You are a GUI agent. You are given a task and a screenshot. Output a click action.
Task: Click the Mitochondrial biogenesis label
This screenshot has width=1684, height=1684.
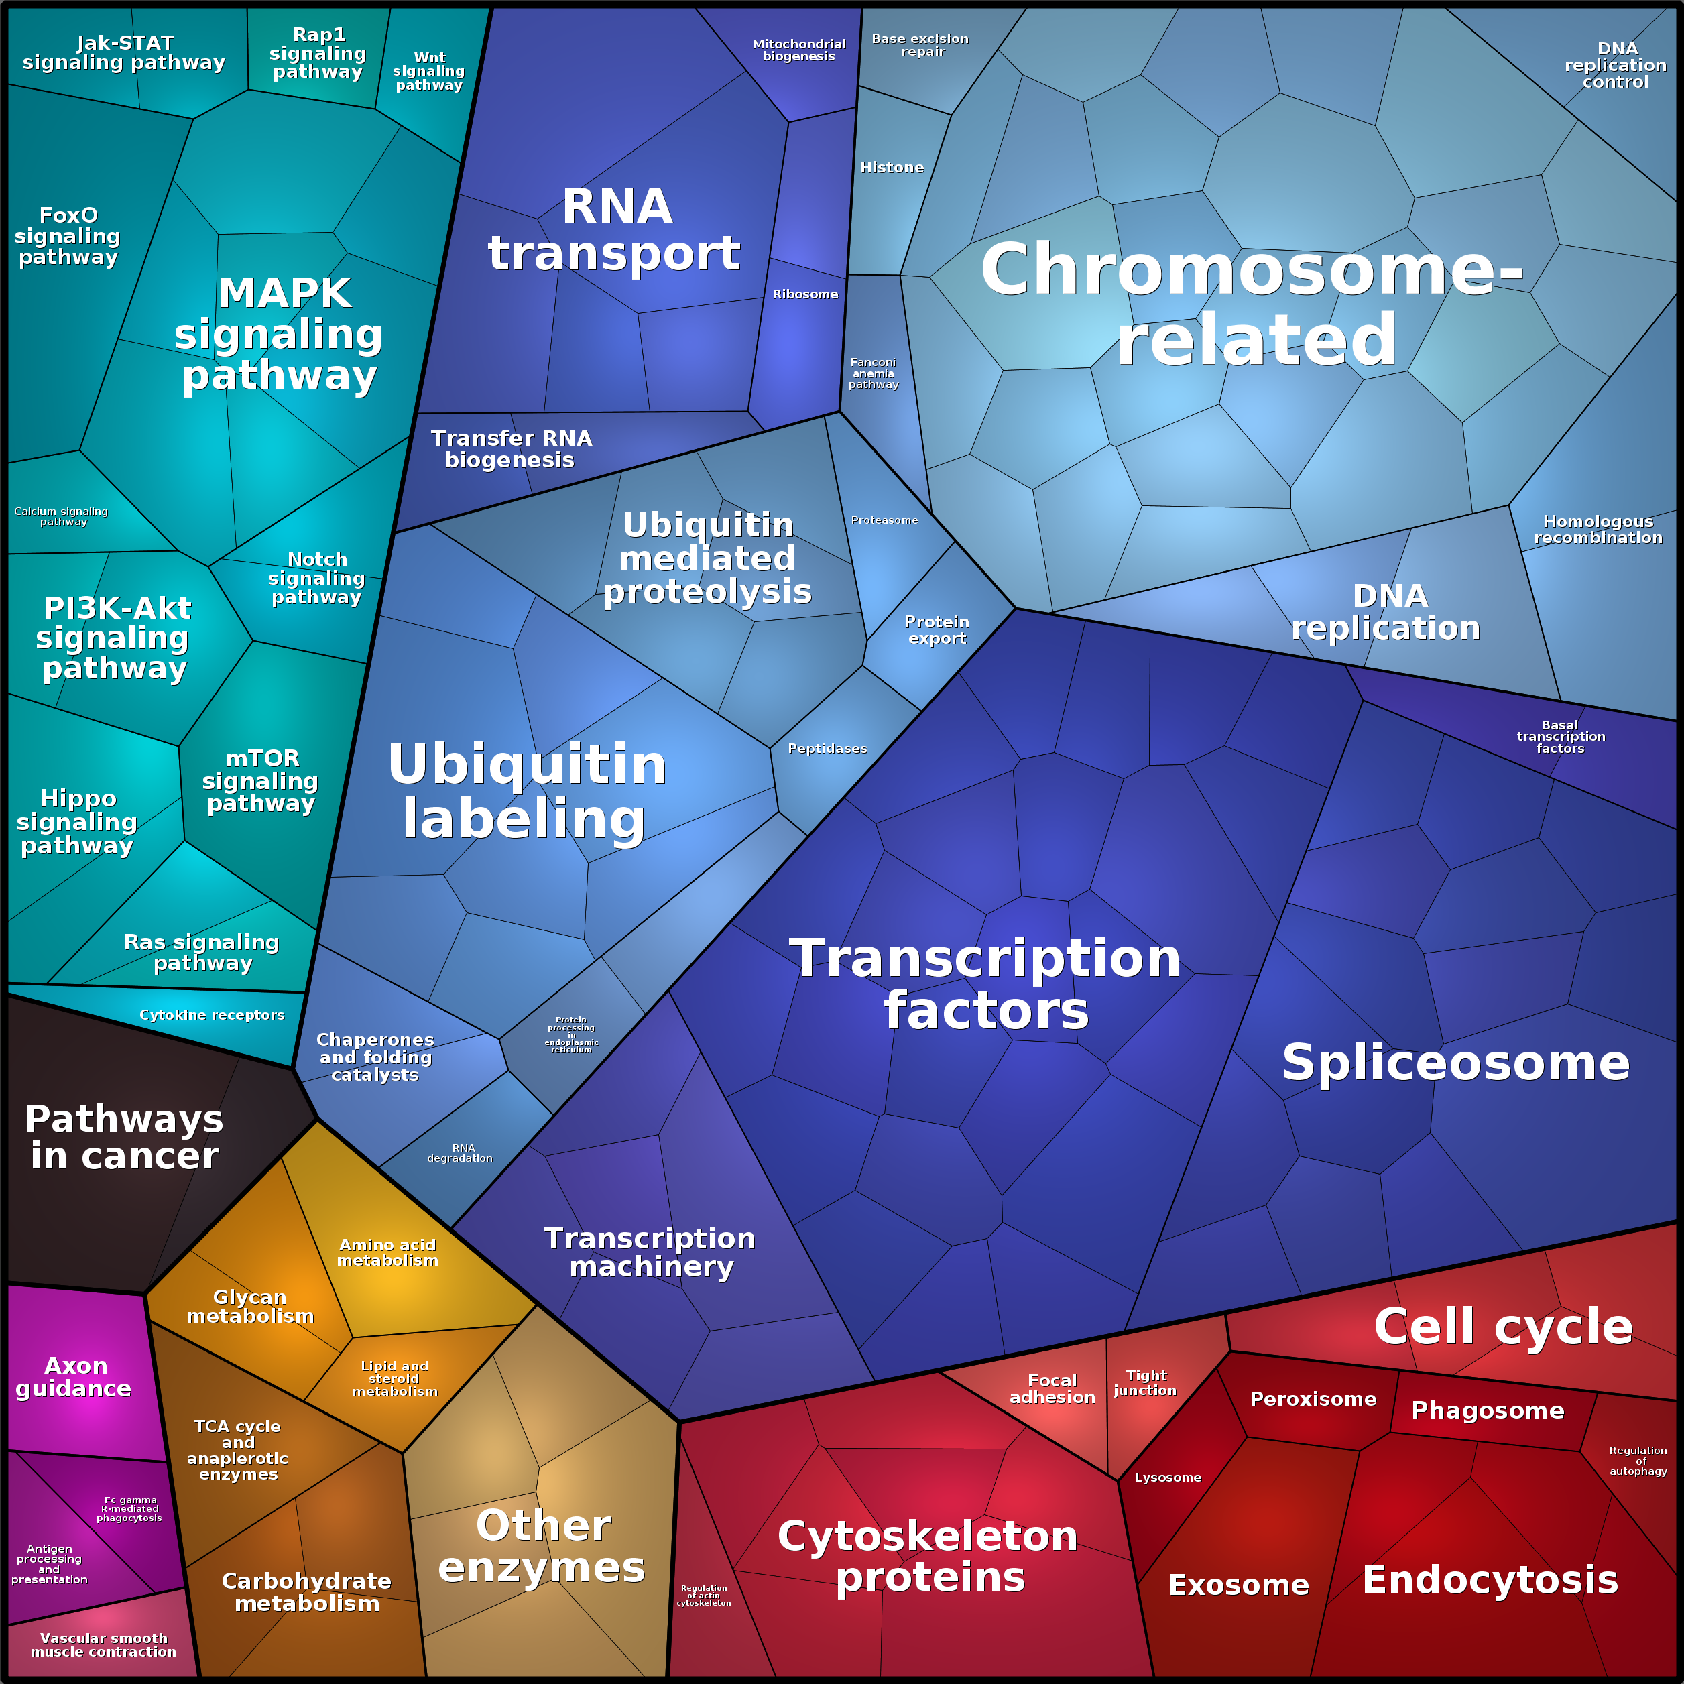798,50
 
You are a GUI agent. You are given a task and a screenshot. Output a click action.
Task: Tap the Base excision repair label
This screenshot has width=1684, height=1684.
920,44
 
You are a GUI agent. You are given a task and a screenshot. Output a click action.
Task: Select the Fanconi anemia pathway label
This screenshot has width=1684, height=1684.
873,373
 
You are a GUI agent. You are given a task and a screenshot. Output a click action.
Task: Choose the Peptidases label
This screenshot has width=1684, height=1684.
827,749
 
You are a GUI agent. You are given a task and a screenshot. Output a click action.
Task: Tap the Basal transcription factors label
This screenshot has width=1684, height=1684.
1560,737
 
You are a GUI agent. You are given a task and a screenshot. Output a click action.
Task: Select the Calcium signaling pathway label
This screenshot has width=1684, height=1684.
61,516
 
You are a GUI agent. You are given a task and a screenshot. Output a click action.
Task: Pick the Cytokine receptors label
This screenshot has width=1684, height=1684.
212,1014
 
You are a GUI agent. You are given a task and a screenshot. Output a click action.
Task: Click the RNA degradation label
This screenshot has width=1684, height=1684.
461,1153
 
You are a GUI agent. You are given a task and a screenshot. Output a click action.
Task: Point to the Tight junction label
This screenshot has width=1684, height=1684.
1145,1382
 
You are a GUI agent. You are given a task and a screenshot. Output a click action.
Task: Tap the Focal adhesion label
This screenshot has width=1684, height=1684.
1052,1388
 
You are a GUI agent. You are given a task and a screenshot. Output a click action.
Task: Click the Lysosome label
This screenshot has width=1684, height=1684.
1168,1478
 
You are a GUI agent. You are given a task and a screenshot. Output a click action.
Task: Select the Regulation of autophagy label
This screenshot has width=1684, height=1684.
1638,1461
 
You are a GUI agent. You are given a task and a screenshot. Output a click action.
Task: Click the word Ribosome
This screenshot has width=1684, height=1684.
804,294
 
